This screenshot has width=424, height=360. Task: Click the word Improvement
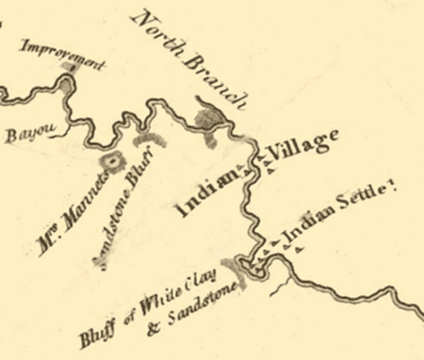[x=61, y=56]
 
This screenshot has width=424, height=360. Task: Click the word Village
[x=304, y=146]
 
